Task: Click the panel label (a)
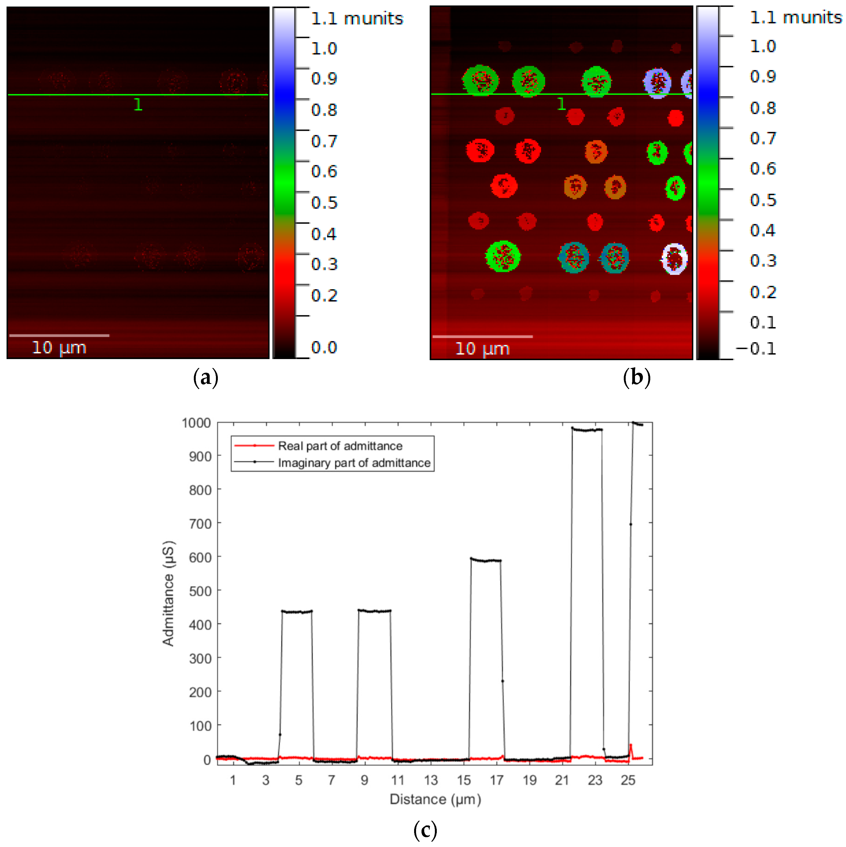pos(206,377)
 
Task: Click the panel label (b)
pos(636,377)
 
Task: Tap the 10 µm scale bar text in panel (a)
pos(59,348)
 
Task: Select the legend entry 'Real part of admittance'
pos(340,446)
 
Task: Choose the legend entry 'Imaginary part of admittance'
pos(354,463)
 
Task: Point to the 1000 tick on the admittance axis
pos(196,423)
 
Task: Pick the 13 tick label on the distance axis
pos(431,780)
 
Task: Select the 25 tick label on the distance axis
pos(628,780)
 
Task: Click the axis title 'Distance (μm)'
pos(435,799)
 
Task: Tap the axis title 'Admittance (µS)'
pos(168,594)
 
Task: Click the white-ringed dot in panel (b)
pos(674,259)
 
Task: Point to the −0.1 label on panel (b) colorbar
pos(756,349)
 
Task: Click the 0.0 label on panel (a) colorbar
pos(324,348)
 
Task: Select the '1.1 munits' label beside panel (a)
pos(357,19)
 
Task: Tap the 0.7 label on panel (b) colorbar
pos(763,138)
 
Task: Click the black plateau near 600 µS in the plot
pos(486,560)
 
